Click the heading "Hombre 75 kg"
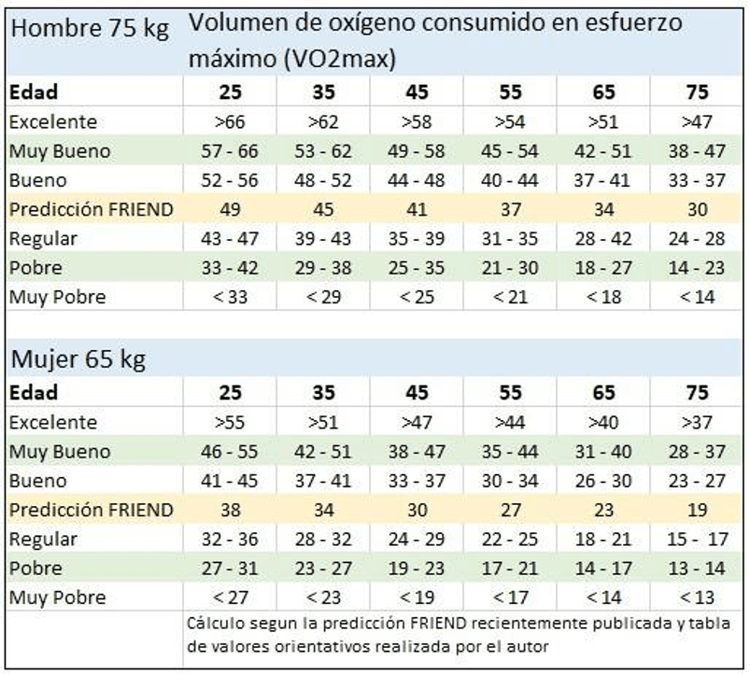pyautogui.click(x=90, y=29)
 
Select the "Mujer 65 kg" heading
pyautogui.click(x=77, y=358)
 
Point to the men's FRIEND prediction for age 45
pyautogui.click(x=417, y=209)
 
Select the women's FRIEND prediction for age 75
pyautogui.click(x=697, y=510)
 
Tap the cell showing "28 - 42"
pyautogui.click(x=603, y=238)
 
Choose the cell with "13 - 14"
pyautogui.click(x=697, y=568)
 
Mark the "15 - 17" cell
pyautogui.click(x=697, y=539)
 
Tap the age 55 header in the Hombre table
pyautogui.click(x=510, y=91)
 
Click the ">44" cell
pyautogui.click(x=510, y=423)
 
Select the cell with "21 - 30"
pyautogui.click(x=510, y=268)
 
